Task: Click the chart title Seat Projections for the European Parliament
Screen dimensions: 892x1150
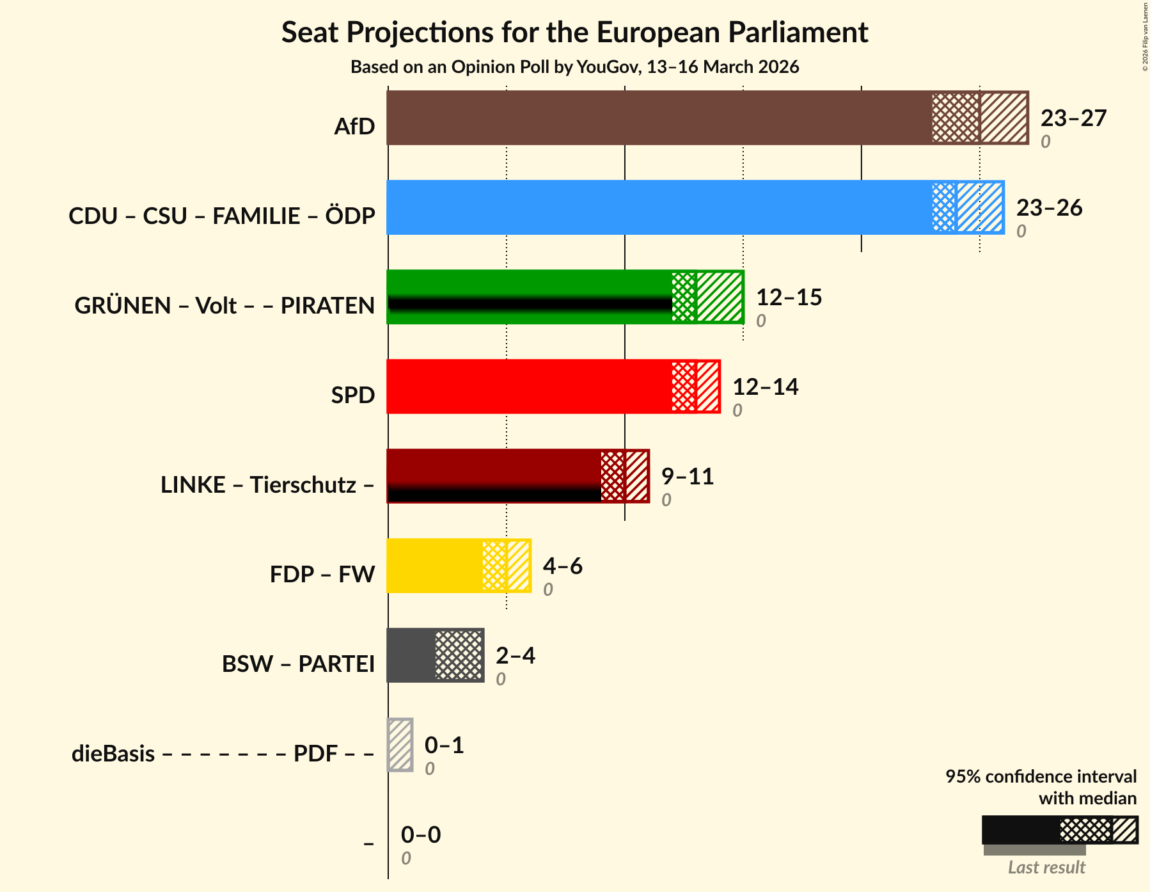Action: tap(574, 32)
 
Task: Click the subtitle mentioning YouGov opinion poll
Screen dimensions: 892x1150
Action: tap(574, 67)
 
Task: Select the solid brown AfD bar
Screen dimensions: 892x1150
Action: tap(659, 118)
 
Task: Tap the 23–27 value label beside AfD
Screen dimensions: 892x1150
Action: tap(1073, 118)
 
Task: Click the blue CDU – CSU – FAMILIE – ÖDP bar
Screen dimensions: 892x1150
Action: tap(659, 207)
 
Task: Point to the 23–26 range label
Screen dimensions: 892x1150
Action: tap(1048, 208)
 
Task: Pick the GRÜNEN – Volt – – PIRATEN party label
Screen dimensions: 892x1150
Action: tap(224, 305)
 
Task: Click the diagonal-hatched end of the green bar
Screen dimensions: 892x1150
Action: tap(720, 297)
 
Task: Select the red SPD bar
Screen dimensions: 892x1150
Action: tap(529, 386)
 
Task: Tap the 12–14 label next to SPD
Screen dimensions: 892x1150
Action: tap(764, 387)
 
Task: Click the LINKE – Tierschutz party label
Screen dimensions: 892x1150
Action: tap(267, 484)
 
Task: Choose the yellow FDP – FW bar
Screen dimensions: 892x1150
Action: tap(434, 566)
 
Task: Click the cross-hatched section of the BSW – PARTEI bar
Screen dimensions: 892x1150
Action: tap(459, 655)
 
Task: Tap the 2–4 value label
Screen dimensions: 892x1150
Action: tap(515, 656)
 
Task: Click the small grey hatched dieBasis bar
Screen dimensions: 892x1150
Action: tap(400, 745)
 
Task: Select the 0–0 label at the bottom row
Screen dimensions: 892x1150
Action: tap(420, 835)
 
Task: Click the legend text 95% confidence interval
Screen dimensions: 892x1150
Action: tap(1041, 776)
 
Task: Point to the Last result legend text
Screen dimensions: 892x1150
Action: tap(1046, 867)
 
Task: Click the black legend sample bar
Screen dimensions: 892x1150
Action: tap(1020, 830)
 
